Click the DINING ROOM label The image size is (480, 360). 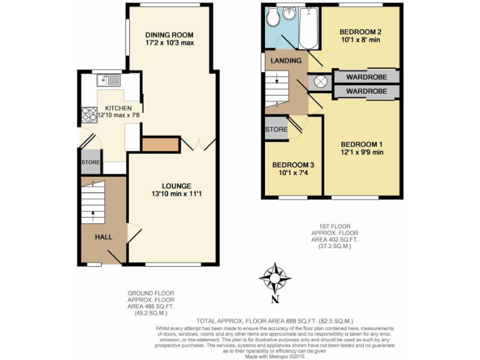coord(169,35)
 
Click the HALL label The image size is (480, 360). coord(104,237)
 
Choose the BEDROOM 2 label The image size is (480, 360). coord(361,32)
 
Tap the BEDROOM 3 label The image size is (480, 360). coord(292,165)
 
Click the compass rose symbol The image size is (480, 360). coord(275,277)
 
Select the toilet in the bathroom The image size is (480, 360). coord(273,19)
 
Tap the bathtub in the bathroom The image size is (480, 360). coord(309,28)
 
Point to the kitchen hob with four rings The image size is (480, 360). coord(86,114)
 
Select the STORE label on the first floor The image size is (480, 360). coord(276,130)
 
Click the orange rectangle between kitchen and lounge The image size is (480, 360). coord(161,144)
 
